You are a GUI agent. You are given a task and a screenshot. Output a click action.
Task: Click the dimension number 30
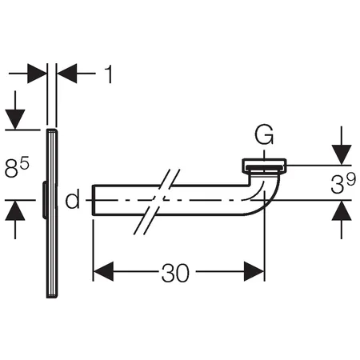175,273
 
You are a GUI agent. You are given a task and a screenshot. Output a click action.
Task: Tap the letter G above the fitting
264,135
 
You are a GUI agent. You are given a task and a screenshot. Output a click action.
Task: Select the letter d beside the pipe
73,198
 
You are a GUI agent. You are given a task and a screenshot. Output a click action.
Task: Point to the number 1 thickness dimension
109,74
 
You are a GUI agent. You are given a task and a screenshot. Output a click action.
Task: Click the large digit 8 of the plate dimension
11,169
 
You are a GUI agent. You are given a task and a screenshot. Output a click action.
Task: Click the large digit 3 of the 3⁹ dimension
338,185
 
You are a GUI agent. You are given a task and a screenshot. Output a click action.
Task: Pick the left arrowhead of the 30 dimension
103,271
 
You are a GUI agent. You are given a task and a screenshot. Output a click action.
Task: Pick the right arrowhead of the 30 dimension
254,271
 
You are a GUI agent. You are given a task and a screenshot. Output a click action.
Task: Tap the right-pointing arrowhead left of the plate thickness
37,74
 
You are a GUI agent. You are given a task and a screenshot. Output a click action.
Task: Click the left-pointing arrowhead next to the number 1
67,74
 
